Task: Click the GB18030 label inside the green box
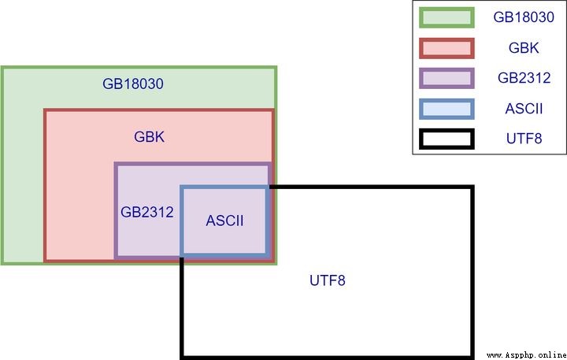click(x=133, y=84)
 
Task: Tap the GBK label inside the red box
click(x=149, y=137)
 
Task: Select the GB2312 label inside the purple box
click(x=146, y=212)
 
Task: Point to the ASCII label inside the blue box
click(x=224, y=221)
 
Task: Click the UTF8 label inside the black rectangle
click(x=328, y=280)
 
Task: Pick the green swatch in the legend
click(x=447, y=17)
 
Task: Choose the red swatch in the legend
click(x=447, y=48)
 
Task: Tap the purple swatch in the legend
click(x=447, y=78)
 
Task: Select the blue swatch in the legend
click(x=447, y=109)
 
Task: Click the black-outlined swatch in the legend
click(x=447, y=139)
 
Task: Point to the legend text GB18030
click(x=524, y=17)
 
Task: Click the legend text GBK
click(x=524, y=48)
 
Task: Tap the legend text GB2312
click(x=524, y=78)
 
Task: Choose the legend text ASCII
click(x=524, y=109)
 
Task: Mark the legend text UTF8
click(x=524, y=139)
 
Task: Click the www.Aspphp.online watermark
click(x=527, y=355)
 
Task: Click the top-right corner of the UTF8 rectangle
click(x=472, y=187)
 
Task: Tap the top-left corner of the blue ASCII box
click(x=182, y=187)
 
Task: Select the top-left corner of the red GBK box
click(x=45, y=110)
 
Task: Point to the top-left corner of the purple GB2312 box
click(x=116, y=164)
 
